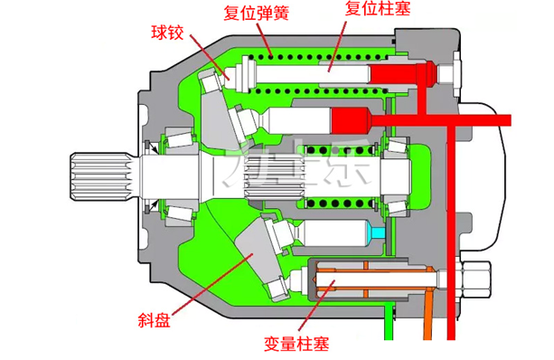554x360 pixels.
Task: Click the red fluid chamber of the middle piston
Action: (x=352, y=118)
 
